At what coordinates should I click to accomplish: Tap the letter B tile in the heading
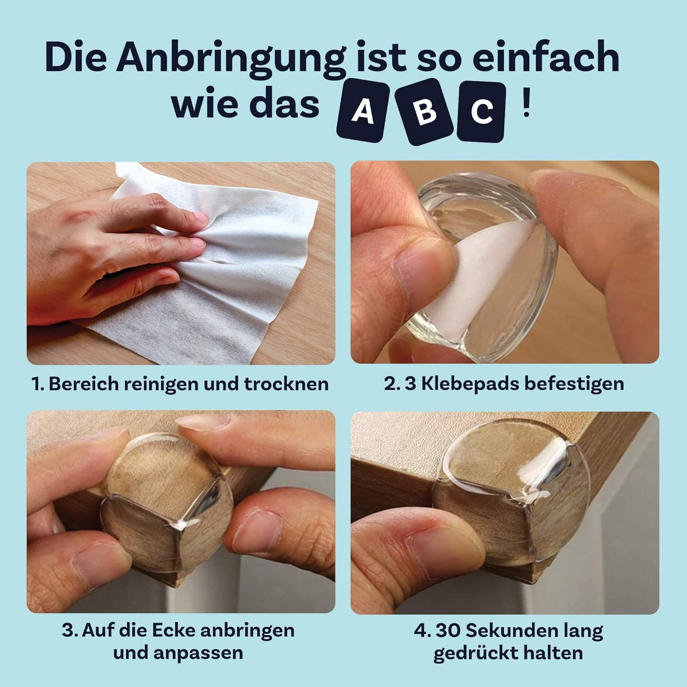(x=425, y=112)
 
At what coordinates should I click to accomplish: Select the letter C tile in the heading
(x=481, y=112)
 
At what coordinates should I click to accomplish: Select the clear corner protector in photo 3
(x=166, y=504)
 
